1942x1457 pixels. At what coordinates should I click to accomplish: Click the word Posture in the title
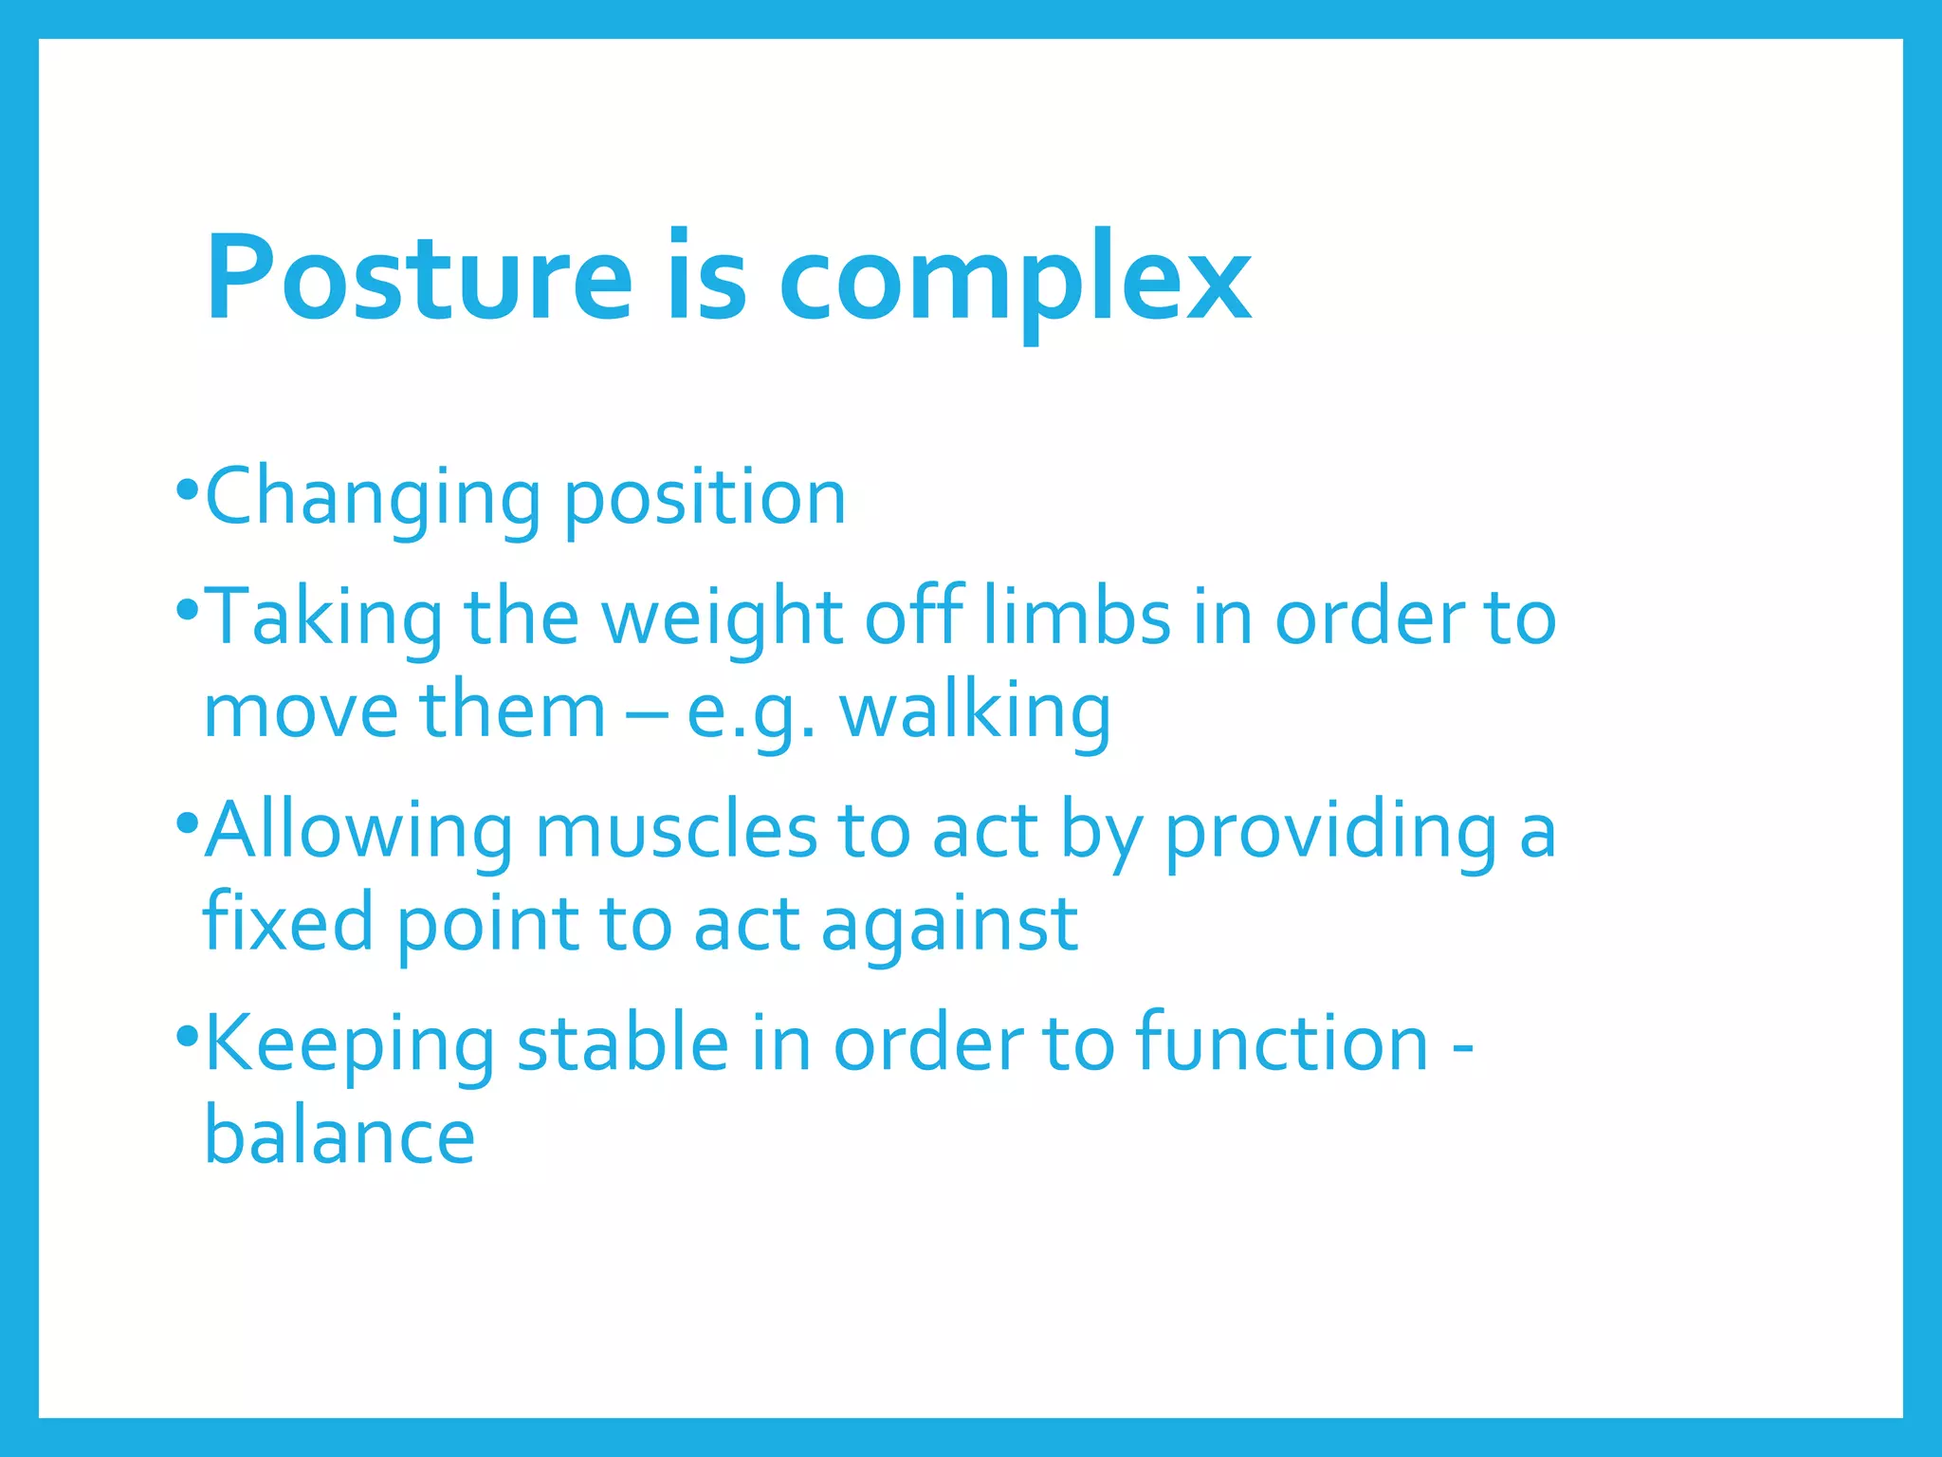tap(418, 278)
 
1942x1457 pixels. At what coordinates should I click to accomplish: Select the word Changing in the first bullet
tap(373, 498)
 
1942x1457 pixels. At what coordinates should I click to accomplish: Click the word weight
tap(723, 618)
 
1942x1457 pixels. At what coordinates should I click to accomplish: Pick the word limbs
tap(1077, 617)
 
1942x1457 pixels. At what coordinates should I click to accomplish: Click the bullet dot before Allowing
tap(187, 821)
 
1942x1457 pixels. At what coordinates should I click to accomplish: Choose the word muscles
tap(675, 830)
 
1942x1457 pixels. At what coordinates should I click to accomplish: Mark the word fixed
tap(288, 923)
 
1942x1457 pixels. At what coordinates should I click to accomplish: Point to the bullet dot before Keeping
tap(187, 1034)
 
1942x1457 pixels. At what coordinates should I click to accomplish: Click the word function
tap(1282, 1042)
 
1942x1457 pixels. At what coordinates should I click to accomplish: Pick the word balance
tap(339, 1136)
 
